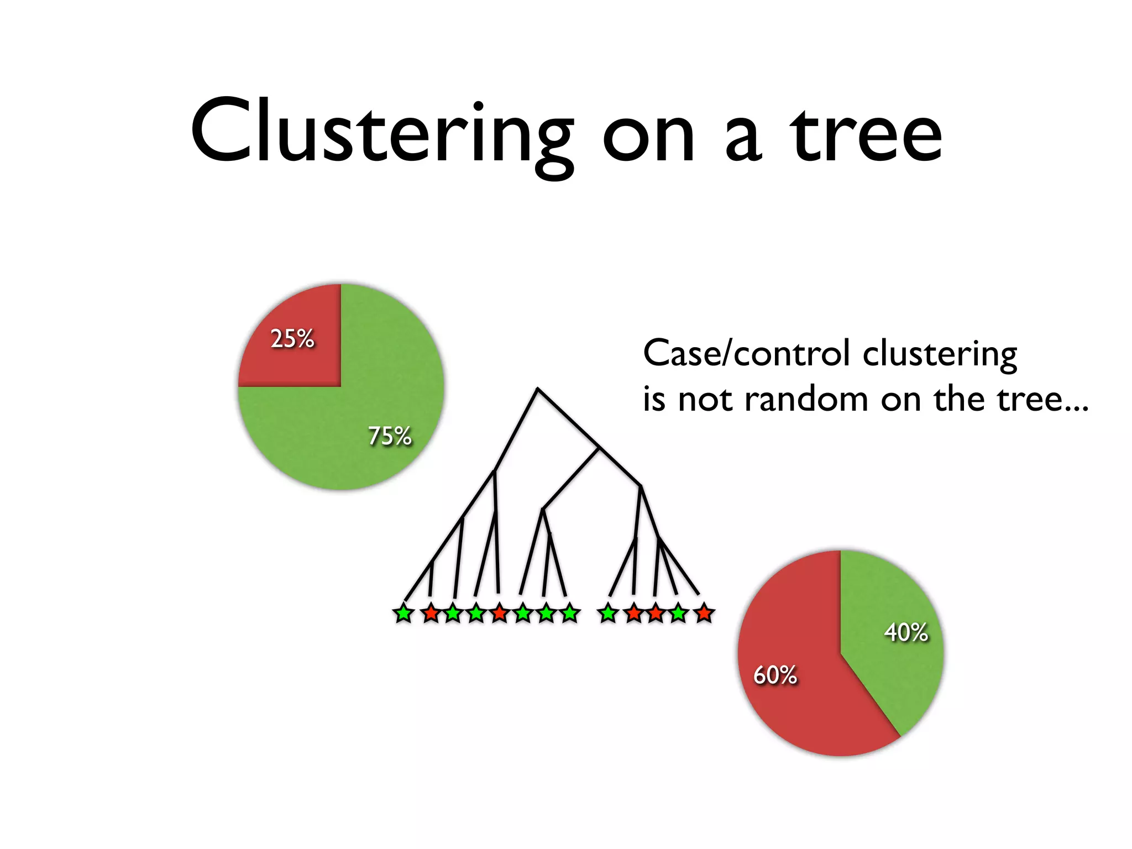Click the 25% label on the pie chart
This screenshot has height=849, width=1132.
pos(292,338)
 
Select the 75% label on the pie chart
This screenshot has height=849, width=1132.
pos(390,436)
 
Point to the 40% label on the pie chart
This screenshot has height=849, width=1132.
pos(906,632)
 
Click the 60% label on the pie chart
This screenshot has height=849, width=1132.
pos(775,674)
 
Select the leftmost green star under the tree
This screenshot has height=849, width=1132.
pos(403,614)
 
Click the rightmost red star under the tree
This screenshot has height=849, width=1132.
pos(704,614)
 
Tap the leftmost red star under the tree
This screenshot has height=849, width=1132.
pos(431,614)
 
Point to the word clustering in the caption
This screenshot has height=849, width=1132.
pos(940,354)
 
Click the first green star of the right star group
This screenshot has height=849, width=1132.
pos(608,614)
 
